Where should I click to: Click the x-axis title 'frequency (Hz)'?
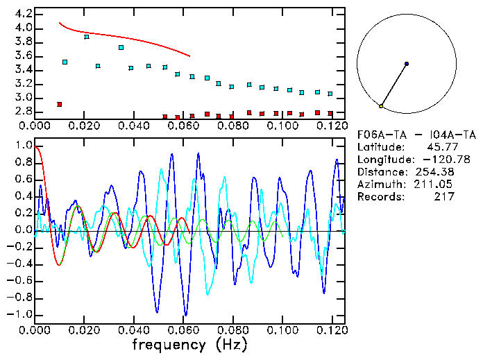(189, 345)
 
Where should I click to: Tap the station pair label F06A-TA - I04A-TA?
(416, 135)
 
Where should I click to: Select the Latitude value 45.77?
(441, 147)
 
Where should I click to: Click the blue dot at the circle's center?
(407, 64)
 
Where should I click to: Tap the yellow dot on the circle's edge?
(381, 106)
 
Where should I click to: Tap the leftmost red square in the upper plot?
(59, 104)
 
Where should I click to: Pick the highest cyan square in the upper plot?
(87, 37)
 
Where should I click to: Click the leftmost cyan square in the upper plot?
(65, 62)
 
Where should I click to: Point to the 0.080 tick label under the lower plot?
(232, 330)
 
